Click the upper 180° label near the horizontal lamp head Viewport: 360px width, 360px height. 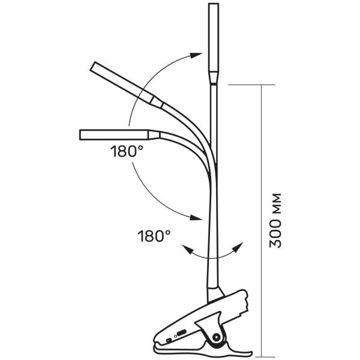tap(127, 151)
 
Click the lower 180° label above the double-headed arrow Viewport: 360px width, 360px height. tap(154, 236)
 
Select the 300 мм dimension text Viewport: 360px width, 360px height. tap(275, 221)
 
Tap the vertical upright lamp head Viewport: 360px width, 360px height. tap(214, 38)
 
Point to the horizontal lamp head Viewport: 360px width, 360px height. tap(114, 135)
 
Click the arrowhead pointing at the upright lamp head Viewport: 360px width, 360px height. tap(196, 55)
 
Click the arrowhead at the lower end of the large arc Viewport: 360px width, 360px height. tap(196, 217)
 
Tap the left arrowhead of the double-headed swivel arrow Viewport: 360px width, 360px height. tap(188, 249)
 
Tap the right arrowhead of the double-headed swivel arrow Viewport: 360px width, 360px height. tap(238, 247)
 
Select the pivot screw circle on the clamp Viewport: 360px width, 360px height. tap(216, 337)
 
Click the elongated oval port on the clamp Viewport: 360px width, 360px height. tap(181, 332)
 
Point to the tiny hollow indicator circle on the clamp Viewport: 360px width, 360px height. tap(176, 337)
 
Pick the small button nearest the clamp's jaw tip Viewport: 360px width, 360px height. tap(169, 340)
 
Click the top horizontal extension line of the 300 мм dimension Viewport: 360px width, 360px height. tap(251, 85)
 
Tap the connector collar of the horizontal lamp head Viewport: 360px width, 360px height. tap(154, 135)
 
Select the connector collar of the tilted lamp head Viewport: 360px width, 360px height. tap(157, 102)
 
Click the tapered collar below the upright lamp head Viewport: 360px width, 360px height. tap(214, 78)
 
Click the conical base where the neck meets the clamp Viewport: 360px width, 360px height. tap(215, 293)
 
